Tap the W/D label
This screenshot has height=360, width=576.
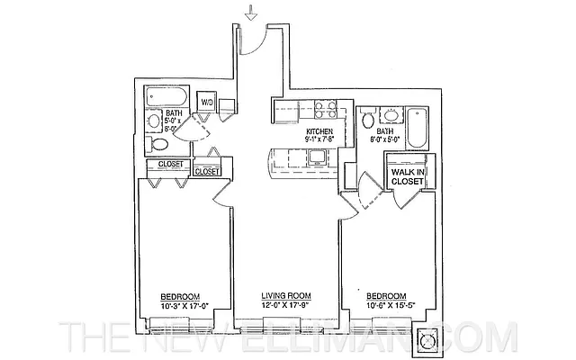pos(207,102)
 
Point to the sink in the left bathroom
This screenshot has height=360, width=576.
pos(154,121)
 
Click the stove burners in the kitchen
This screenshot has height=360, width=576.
pos(321,112)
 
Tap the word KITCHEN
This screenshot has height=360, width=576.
pos(320,132)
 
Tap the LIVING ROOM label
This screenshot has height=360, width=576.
pos(286,297)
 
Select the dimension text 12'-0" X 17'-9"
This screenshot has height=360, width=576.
pos(286,306)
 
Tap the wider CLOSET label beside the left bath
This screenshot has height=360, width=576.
pos(171,165)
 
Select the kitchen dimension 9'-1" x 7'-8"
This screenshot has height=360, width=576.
pos(320,140)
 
